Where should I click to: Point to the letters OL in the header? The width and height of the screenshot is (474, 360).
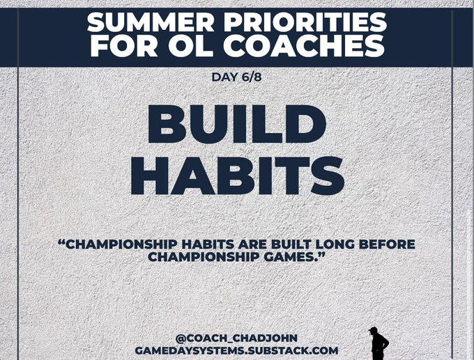(188, 47)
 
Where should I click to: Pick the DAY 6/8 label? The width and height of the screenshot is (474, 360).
(237, 77)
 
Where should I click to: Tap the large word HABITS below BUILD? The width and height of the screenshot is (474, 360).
(237, 175)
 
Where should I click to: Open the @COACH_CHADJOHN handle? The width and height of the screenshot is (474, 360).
(236, 338)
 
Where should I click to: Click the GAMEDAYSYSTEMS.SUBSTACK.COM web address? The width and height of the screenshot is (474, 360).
(236, 351)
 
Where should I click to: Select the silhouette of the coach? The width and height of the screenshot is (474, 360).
(379, 344)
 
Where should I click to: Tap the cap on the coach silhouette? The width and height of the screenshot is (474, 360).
(374, 329)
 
